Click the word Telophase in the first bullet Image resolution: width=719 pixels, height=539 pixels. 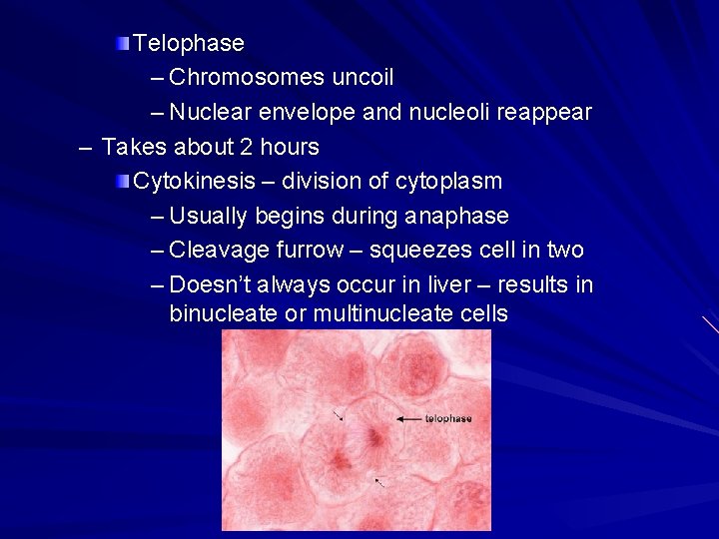coord(189,43)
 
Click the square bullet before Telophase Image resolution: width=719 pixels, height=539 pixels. coord(122,43)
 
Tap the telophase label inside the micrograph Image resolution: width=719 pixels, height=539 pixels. coord(448,419)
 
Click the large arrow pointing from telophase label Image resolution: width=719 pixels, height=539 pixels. coord(409,419)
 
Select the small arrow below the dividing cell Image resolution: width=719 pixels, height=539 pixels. coord(380,483)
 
